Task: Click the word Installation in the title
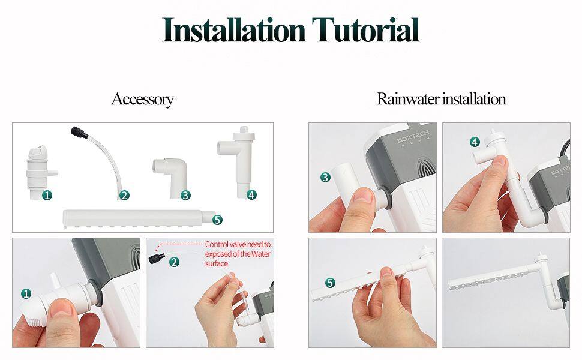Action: click(x=234, y=29)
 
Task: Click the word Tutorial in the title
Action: click(x=365, y=29)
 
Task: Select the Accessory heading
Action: click(x=143, y=99)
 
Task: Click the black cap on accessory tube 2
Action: click(x=79, y=132)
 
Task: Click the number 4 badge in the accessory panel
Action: click(x=251, y=194)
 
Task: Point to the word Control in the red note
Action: click(x=217, y=244)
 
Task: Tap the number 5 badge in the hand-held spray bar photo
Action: click(x=330, y=283)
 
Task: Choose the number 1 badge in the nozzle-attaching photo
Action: click(x=26, y=294)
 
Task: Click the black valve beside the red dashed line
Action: click(x=154, y=259)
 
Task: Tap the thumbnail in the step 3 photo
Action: click(x=364, y=196)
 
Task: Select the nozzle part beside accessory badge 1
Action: click(x=40, y=172)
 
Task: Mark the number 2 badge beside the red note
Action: click(x=174, y=262)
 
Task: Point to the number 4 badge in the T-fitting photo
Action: click(x=475, y=142)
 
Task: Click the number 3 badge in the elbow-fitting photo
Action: click(x=326, y=178)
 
